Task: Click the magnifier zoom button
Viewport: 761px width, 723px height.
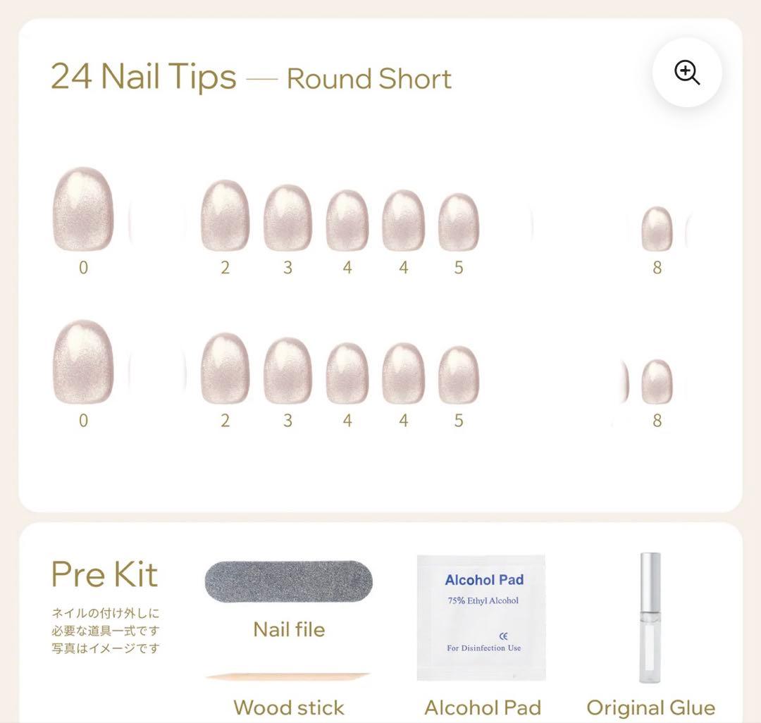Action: click(687, 73)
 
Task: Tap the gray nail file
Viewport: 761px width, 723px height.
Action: click(289, 581)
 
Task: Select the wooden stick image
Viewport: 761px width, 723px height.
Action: click(288, 676)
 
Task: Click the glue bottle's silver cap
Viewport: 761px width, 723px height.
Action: click(650, 581)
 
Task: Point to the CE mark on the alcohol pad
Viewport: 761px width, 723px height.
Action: click(503, 636)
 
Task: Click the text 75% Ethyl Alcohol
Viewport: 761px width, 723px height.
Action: click(483, 600)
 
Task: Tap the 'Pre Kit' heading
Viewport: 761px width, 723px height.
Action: click(104, 574)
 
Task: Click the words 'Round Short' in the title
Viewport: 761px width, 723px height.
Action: click(369, 79)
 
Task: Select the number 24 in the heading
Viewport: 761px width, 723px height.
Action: click(71, 76)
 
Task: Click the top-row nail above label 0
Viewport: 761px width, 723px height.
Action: click(83, 209)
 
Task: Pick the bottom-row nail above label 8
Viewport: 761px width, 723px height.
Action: click(657, 381)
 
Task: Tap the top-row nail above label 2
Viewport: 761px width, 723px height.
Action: click(225, 216)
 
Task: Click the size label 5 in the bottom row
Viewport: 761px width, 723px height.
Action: click(459, 420)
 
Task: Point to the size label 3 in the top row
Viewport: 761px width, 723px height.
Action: click(287, 267)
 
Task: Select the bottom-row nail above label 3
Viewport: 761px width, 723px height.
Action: click(287, 371)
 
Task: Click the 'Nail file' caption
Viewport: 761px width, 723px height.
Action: click(290, 630)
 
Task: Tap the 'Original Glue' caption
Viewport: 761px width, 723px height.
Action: click(651, 708)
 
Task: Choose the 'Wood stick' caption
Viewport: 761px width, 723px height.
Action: click(289, 708)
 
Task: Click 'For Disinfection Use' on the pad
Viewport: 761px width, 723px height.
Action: click(484, 648)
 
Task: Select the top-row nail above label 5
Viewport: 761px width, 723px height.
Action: click(459, 222)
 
